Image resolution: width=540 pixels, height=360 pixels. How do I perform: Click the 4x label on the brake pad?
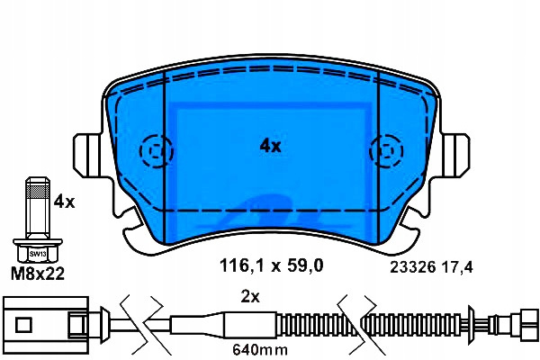point(270,147)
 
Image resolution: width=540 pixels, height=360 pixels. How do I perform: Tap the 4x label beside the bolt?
point(64,202)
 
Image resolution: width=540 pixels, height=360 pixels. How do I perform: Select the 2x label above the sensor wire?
point(250,297)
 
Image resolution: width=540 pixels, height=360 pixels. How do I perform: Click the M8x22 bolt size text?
point(38,274)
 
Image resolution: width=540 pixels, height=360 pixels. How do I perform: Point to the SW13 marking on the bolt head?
point(38,254)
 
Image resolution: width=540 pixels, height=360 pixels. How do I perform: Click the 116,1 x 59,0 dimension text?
point(272,265)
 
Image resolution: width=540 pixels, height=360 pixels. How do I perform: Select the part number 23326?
point(413,267)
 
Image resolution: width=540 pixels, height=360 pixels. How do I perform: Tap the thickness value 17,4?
point(457,267)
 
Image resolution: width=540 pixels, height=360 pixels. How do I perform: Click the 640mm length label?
point(260,350)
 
